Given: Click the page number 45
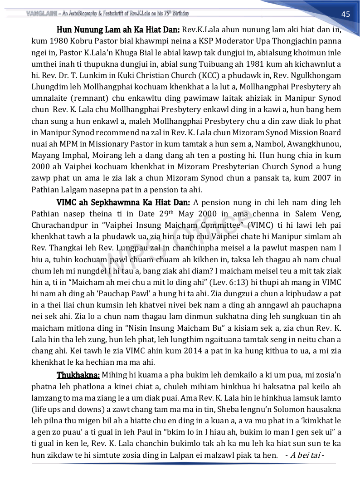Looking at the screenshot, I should (345, 14).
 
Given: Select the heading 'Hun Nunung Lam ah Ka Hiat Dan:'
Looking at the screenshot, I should (118, 30).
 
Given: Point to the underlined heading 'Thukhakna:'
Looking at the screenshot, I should (78, 375).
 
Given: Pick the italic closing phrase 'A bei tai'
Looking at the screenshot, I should (306, 455).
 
